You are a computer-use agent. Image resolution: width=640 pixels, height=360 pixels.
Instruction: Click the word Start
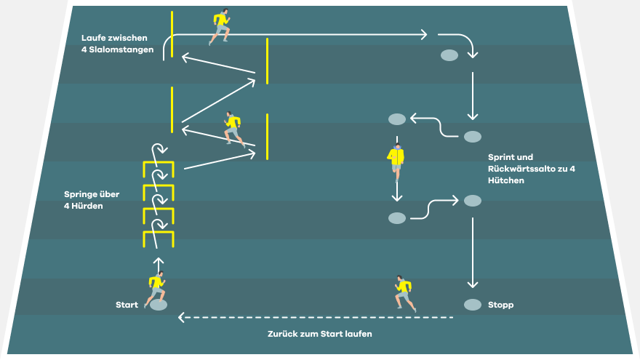tap(127, 305)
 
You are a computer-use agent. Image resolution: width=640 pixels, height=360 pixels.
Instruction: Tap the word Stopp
tap(500, 305)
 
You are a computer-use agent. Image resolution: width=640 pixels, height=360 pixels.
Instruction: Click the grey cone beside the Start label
tap(159, 305)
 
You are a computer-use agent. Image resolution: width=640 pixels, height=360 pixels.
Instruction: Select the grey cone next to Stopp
tap(473, 305)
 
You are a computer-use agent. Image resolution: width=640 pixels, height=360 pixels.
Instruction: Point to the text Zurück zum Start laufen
tap(319, 334)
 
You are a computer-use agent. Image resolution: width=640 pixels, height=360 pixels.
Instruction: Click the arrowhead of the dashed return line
tap(181, 317)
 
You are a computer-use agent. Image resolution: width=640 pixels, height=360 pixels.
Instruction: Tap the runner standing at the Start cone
tap(156, 289)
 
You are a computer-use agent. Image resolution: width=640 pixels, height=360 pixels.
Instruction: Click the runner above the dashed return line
tap(405, 294)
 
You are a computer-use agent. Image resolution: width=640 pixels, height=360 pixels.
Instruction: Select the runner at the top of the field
tap(220, 26)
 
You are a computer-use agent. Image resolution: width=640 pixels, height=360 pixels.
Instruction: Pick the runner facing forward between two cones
tap(396, 161)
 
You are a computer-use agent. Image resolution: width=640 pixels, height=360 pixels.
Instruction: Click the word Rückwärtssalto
tap(521, 169)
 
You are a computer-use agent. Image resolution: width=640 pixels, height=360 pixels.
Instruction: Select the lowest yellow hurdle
tap(159, 232)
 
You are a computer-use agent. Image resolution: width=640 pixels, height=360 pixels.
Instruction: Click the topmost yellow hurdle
tap(159, 163)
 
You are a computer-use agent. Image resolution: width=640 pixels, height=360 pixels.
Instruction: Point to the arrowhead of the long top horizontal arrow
tap(424, 35)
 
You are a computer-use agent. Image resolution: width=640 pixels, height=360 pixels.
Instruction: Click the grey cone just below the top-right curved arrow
tap(449, 55)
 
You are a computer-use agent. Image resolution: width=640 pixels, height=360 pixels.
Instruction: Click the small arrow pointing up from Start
tap(159, 264)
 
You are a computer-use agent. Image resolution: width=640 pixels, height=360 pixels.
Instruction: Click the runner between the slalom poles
tap(234, 129)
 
